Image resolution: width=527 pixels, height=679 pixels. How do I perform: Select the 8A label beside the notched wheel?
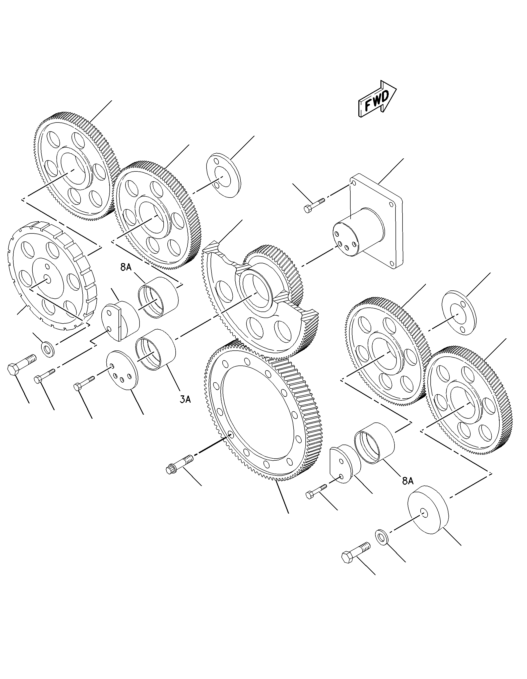point(126,267)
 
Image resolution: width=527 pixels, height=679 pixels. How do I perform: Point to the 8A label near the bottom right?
point(408,481)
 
